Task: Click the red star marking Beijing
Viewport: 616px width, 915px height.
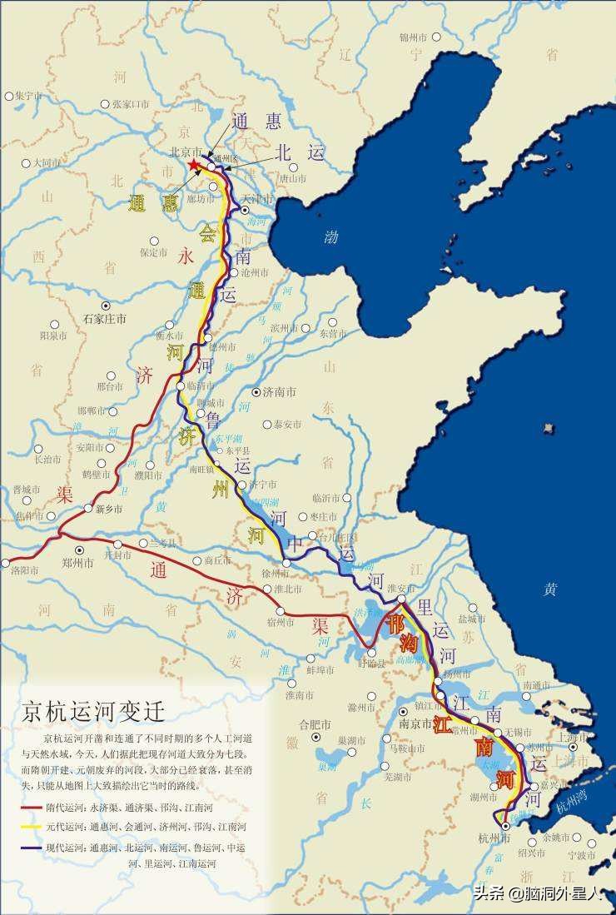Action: click(x=194, y=165)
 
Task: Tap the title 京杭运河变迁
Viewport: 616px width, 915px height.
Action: click(x=93, y=712)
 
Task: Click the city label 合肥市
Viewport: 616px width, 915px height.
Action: click(x=315, y=724)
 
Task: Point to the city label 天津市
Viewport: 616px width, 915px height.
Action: click(x=257, y=198)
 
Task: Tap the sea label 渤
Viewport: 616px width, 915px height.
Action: click(x=331, y=237)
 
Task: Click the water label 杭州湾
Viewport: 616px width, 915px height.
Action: click(x=571, y=803)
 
